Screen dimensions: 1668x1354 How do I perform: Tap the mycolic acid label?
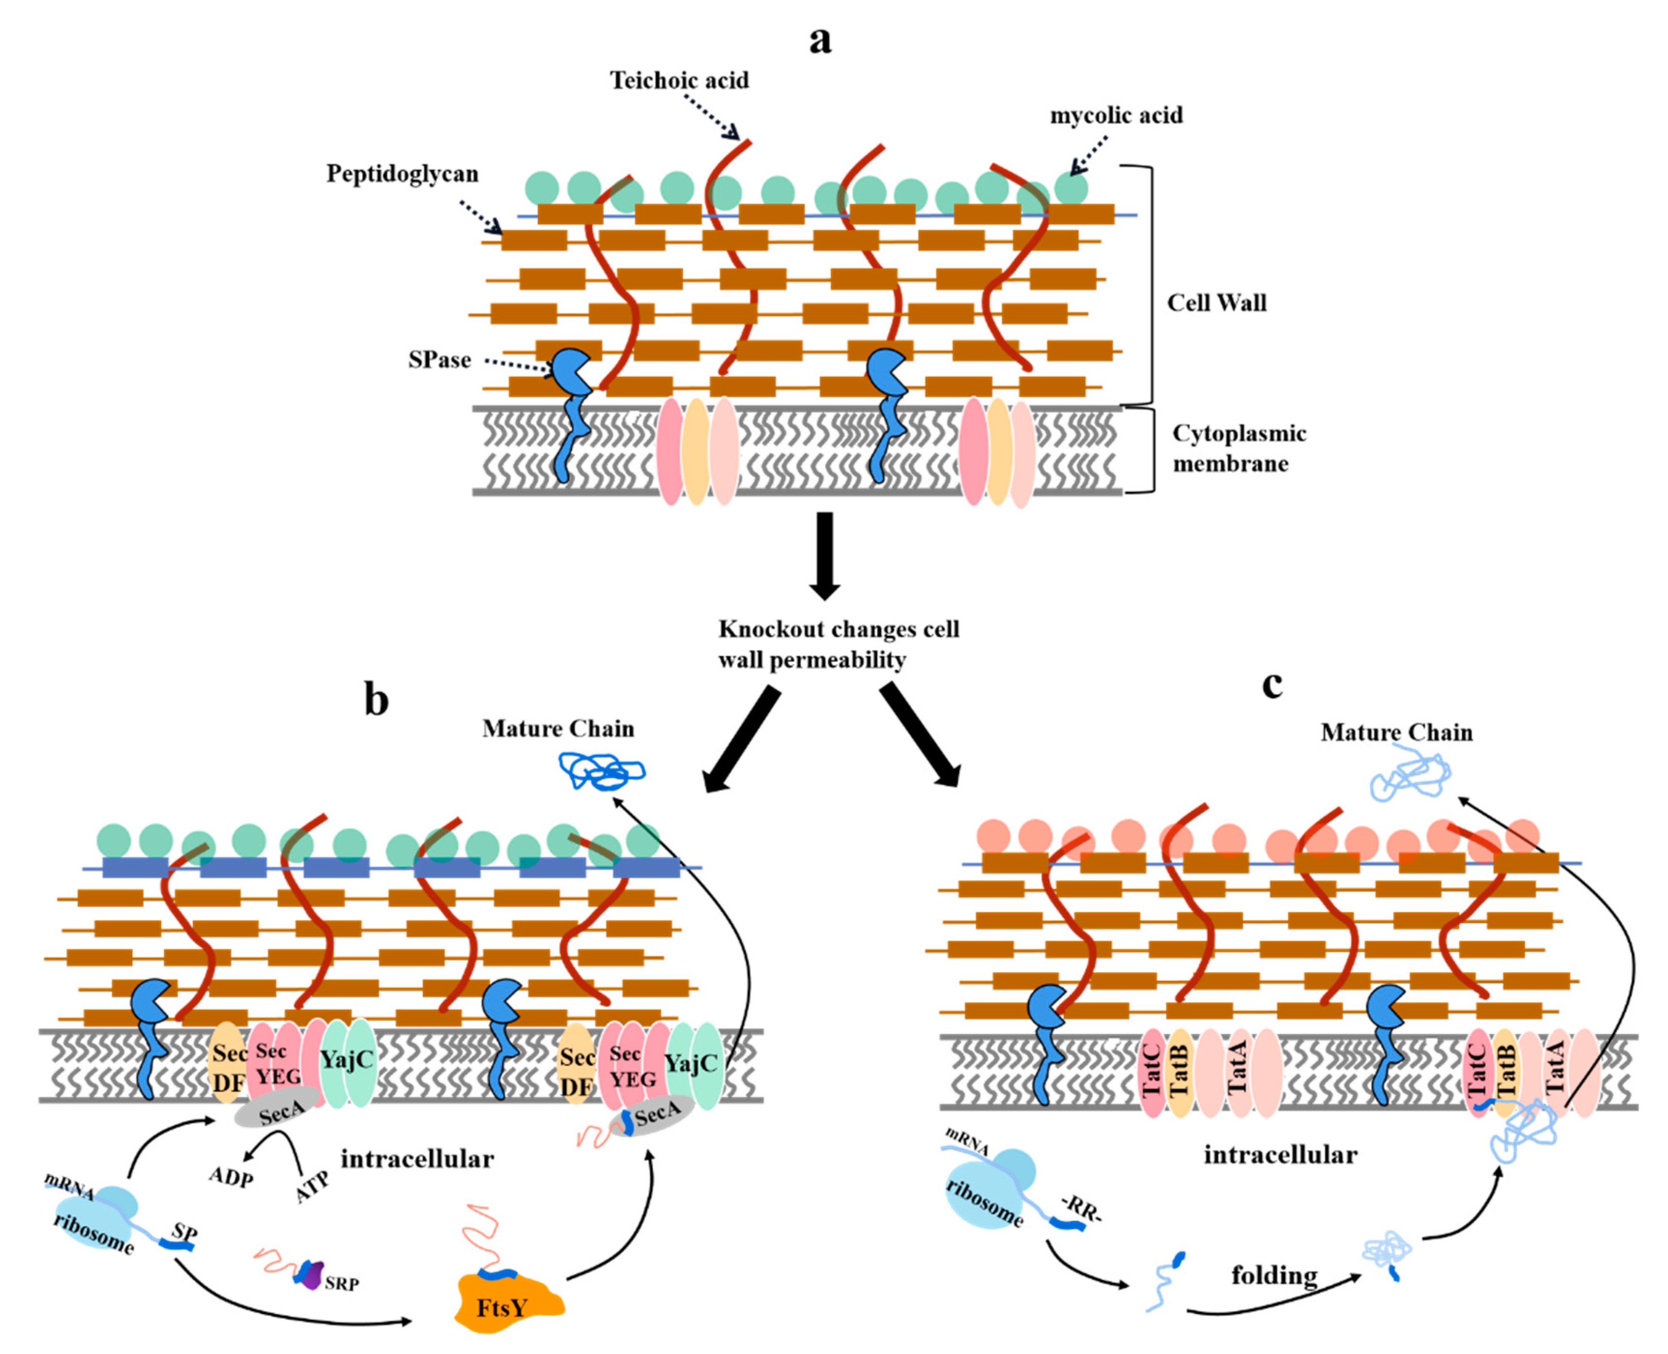(1116, 115)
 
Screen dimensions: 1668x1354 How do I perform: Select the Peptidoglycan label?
(403, 174)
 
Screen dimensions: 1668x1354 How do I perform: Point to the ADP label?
(231, 1176)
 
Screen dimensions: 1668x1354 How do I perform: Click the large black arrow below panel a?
(824, 555)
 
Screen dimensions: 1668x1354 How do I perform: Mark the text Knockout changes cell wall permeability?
(838, 644)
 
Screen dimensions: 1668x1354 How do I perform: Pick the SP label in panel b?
(185, 1233)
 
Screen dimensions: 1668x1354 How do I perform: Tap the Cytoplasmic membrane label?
(1239, 448)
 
